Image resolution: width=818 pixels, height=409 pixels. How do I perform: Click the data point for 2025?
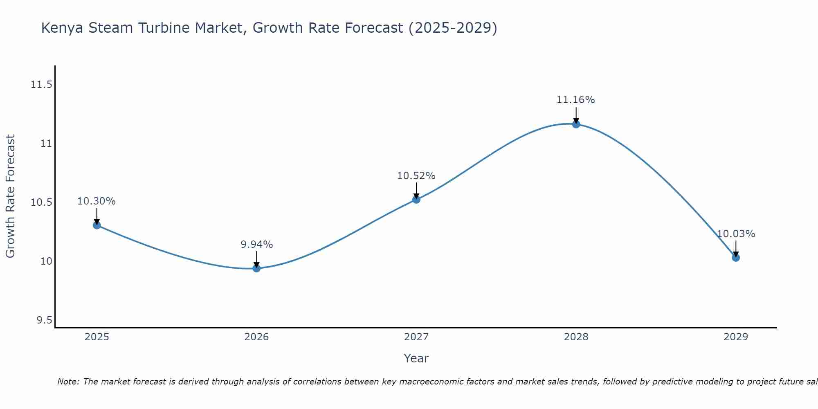tap(97, 225)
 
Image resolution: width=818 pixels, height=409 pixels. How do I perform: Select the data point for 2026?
tap(256, 268)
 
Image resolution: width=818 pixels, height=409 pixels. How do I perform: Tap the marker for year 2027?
tap(416, 200)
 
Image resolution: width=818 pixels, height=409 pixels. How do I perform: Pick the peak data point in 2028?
tap(576, 124)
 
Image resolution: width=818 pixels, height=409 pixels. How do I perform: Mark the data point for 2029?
tap(736, 258)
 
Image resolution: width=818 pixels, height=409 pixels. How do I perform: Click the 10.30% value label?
tap(97, 201)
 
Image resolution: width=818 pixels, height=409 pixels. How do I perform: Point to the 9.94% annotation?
tap(256, 245)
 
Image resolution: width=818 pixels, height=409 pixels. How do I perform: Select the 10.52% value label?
tap(416, 176)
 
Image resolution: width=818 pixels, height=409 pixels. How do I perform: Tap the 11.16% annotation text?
tap(576, 100)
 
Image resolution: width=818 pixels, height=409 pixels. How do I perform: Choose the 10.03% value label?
tap(736, 234)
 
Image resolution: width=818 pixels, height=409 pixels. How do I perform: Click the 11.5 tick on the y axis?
tap(42, 85)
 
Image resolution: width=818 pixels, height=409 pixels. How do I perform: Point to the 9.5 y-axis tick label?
tap(45, 320)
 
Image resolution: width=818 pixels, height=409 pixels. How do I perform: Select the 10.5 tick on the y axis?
tap(42, 203)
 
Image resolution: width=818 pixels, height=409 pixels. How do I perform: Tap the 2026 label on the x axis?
tap(256, 337)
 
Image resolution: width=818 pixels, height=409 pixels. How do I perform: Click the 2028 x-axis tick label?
tap(576, 337)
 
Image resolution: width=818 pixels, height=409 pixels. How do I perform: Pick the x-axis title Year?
tap(416, 358)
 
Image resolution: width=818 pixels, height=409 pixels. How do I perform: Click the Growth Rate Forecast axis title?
tap(10, 196)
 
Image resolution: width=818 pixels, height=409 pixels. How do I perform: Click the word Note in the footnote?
tap(67, 382)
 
